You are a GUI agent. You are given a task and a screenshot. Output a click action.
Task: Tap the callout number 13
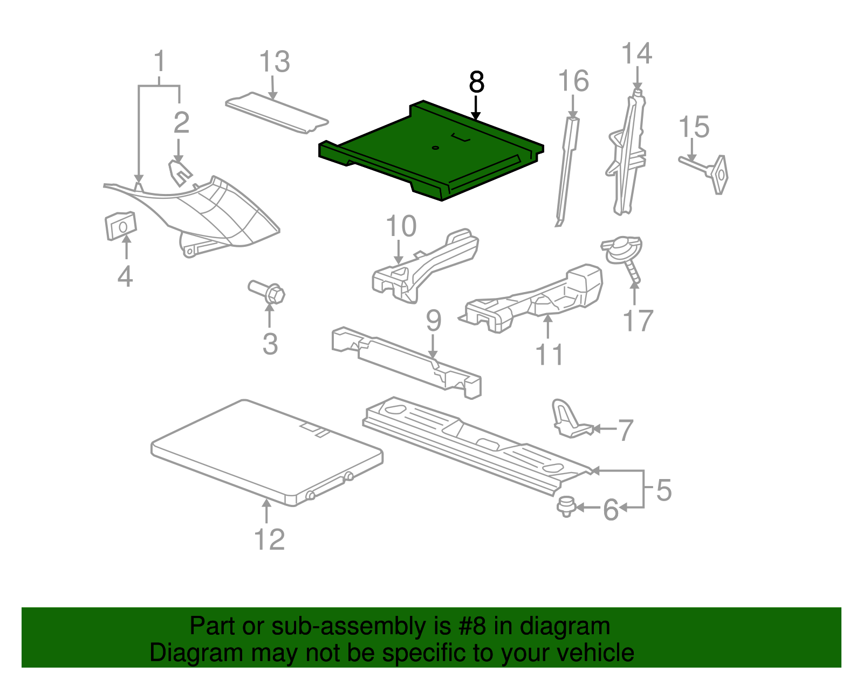click(x=275, y=62)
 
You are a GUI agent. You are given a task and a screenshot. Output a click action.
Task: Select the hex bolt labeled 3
click(x=268, y=292)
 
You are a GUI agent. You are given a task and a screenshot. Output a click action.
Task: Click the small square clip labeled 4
click(x=120, y=225)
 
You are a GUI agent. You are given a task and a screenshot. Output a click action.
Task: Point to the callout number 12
click(x=269, y=539)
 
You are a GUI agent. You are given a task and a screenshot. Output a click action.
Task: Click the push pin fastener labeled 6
click(x=565, y=507)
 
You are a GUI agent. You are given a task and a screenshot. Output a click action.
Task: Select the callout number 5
click(x=664, y=490)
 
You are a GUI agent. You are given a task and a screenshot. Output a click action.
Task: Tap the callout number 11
click(x=549, y=355)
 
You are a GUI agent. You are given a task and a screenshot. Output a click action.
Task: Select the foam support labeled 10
click(x=426, y=264)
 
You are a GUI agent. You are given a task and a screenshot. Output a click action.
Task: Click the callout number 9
click(x=434, y=321)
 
